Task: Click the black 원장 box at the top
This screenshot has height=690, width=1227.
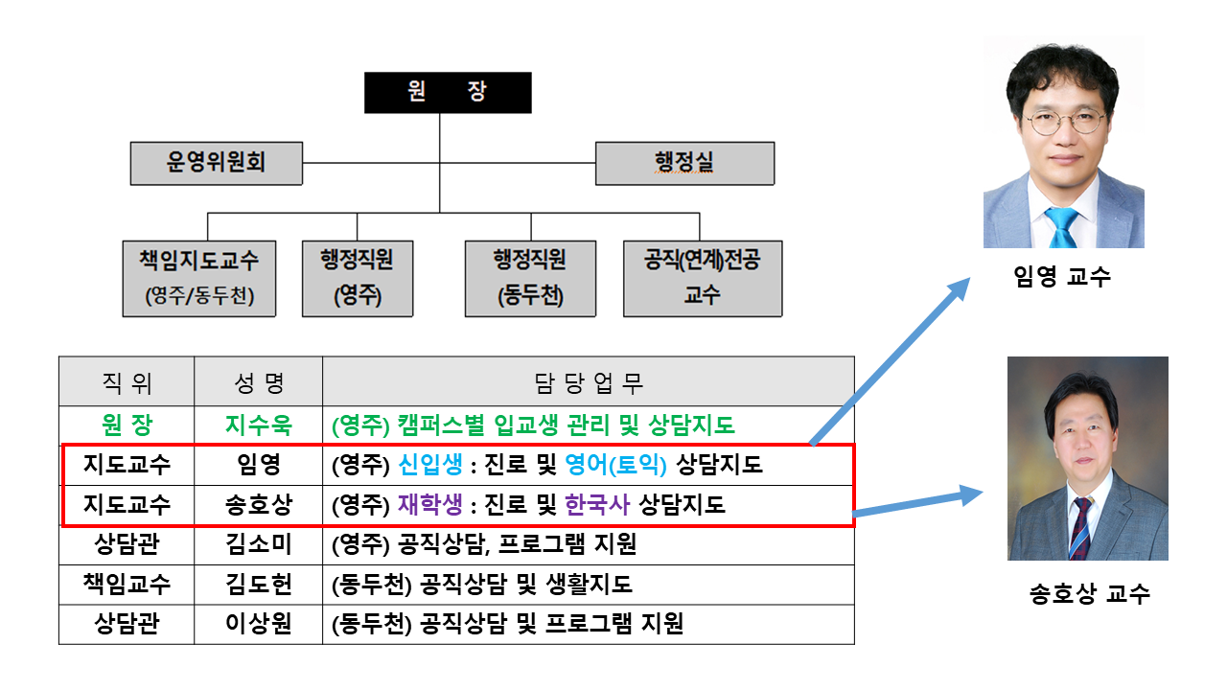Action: pos(448,93)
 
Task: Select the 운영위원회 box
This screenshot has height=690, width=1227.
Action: pos(217,163)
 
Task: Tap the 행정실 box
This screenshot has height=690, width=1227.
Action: pos(684,163)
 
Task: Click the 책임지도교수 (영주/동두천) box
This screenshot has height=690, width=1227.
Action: pos(199,278)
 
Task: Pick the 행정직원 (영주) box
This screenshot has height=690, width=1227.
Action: pos(358,278)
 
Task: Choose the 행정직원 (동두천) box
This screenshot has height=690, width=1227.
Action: pos(530,278)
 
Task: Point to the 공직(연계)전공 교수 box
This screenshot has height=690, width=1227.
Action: pos(703,278)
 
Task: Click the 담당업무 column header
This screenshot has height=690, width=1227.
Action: pos(588,383)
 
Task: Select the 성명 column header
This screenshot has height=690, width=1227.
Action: pos(258,383)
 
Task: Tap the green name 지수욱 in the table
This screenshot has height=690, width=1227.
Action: pos(258,425)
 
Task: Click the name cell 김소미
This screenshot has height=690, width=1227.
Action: pos(258,545)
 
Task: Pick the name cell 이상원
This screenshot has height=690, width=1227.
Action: pos(258,625)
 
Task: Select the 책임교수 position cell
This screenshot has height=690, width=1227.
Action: pos(127,585)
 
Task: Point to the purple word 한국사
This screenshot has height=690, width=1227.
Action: pos(597,505)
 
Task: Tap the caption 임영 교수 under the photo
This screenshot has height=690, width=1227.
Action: pos(1061,278)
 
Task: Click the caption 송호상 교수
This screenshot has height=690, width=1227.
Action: pos(1089,594)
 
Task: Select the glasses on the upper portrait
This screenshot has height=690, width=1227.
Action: pos(1064,122)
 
